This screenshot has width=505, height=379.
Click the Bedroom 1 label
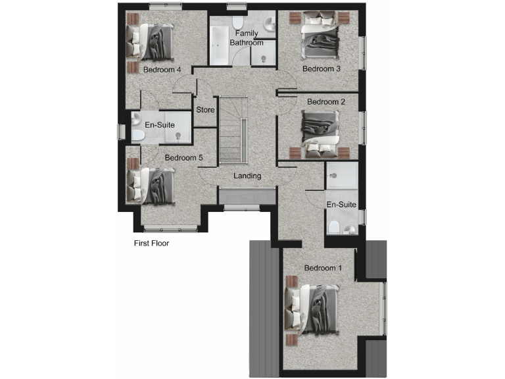323,268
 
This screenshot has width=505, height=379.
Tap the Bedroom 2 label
325,102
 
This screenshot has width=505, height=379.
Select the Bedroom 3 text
321,68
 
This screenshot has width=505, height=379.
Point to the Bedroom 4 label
162,69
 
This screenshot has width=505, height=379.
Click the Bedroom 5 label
183,158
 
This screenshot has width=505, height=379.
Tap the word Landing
248,176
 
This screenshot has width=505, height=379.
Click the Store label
205,110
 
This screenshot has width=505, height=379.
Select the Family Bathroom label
247,38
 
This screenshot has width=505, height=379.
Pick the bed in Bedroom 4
153,40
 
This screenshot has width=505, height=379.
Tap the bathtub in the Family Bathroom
218,46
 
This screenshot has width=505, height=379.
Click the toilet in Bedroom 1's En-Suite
335,228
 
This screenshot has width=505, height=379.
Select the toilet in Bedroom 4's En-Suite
137,136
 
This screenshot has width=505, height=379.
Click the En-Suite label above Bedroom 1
341,205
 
